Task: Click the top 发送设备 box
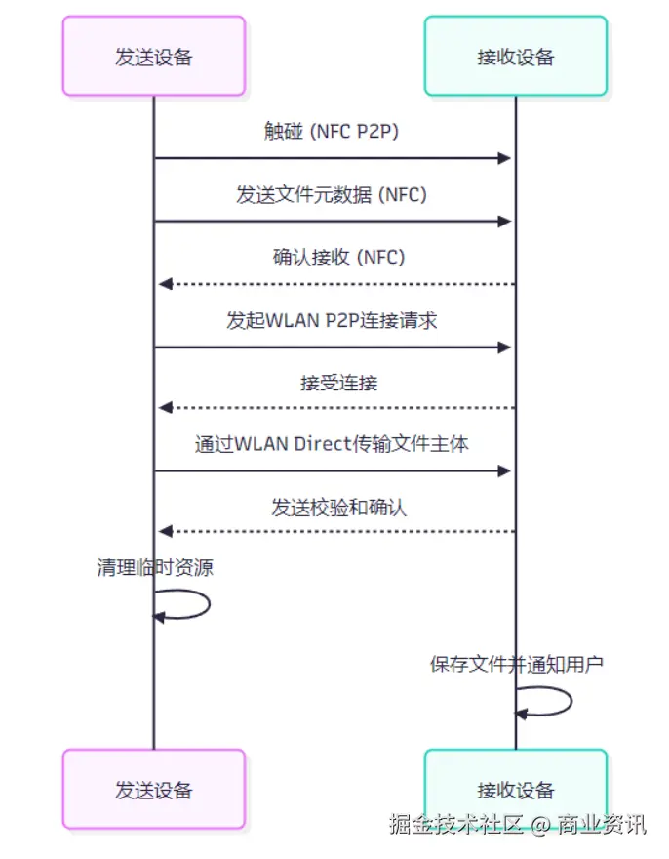pyautogui.click(x=154, y=56)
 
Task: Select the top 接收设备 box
pyautogui.click(x=516, y=56)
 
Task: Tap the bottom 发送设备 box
pyautogui.click(x=154, y=789)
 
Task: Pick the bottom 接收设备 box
pyautogui.click(x=516, y=789)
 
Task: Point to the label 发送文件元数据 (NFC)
pyautogui.click(x=332, y=195)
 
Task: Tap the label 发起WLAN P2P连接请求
pyautogui.click(x=332, y=320)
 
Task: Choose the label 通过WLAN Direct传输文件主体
pyautogui.click(x=332, y=445)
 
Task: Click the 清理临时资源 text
pyautogui.click(x=155, y=567)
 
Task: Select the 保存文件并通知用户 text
pyautogui.click(x=517, y=665)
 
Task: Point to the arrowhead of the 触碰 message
pyautogui.click(x=505, y=158)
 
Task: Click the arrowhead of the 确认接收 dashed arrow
pyautogui.click(x=165, y=283)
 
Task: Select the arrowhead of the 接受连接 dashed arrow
pyautogui.click(x=165, y=408)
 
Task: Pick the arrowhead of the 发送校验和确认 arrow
pyautogui.click(x=165, y=531)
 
